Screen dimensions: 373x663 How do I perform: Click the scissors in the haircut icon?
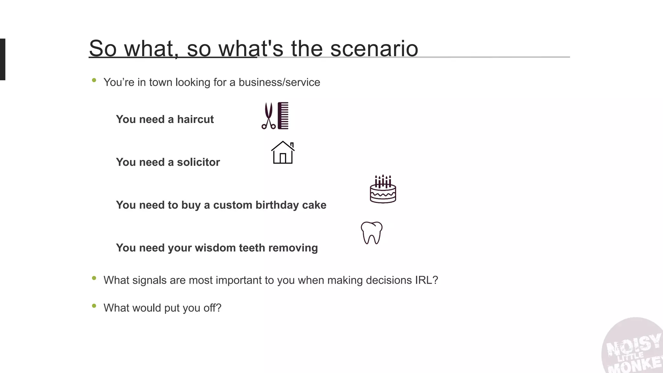[x=268, y=116]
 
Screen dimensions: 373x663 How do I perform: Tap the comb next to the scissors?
[x=283, y=116]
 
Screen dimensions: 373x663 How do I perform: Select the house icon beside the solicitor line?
[x=283, y=153]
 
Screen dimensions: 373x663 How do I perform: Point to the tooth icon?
[x=372, y=232]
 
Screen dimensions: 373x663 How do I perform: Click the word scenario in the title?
[x=374, y=49]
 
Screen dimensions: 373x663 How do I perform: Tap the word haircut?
[x=195, y=119]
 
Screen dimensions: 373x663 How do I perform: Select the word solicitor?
[x=198, y=162]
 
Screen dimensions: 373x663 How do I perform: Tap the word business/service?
[x=279, y=82]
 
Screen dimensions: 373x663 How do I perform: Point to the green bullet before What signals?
[x=94, y=278]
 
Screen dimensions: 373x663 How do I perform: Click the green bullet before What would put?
[x=94, y=306]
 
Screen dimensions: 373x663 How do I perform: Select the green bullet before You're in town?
[x=94, y=80]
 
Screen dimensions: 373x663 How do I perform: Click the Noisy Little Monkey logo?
[x=633, y=348]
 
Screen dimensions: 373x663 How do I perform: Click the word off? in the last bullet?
[x=212, y=308]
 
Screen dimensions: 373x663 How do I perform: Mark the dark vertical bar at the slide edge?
[x=3, y=59]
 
